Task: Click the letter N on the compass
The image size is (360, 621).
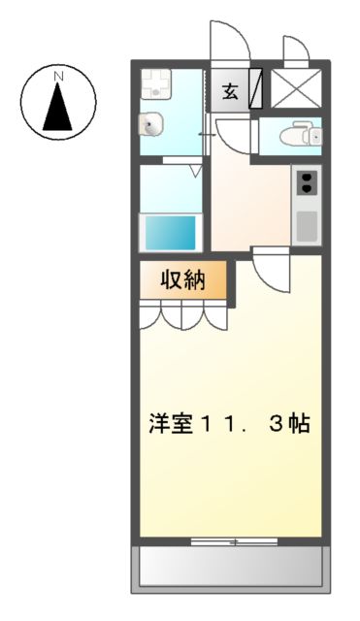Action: (x=59, y=75)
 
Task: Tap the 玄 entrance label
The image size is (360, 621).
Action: (x=231, y=92)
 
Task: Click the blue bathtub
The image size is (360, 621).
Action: (x=171, y=233)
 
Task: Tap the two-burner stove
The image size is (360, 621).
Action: (x=306, y=181)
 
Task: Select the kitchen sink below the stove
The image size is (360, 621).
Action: (x=306, y=225)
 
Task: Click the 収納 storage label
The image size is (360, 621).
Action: (x=182, y=280)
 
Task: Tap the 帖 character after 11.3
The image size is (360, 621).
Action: (x=299, y=424)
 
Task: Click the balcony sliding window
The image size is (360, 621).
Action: (x=234, y=541)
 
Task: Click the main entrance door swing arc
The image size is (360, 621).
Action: (x=230, y=39)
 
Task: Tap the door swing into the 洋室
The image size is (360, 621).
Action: (x=272, y=270)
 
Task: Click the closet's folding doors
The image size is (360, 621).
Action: (x=184, y=314)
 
